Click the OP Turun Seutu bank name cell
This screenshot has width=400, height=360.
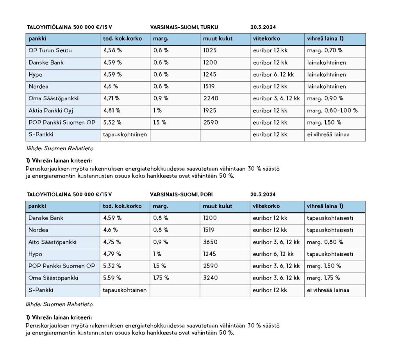click(50, 50)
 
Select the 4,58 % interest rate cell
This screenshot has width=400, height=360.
click(112, 50)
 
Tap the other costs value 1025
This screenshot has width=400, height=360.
click(210, 50)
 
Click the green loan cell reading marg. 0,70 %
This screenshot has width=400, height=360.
click(325, 50)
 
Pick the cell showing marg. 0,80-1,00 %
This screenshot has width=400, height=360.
click(332, 110)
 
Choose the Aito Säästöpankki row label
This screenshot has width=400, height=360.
click(52, 242)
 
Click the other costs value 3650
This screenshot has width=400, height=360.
click(211, 242)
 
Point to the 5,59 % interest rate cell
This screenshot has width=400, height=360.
click(112, 278)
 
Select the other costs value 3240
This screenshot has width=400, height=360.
click(211, 278)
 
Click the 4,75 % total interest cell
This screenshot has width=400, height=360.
click(112, 242)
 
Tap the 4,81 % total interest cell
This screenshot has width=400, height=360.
click(112, 110)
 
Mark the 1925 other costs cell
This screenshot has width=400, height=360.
click(210, 110)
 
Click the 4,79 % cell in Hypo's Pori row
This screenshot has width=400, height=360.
click(112, 254)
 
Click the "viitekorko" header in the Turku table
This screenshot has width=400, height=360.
click(266, 39)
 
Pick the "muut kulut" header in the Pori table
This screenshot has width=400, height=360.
click(218, 206)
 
